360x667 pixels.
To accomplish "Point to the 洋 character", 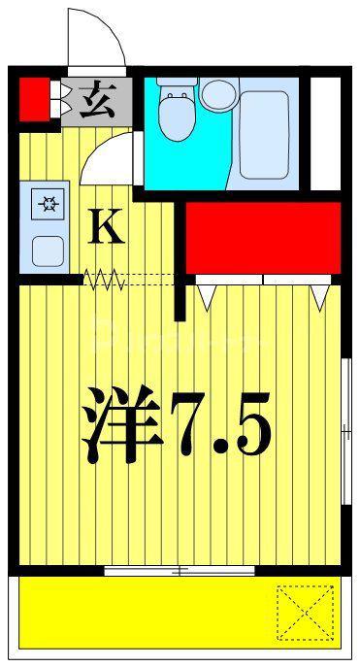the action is pyautogui.click(x=122, y=424).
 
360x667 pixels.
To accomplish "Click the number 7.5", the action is pyautogui.click(x=220, y=425).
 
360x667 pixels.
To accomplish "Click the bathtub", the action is pyautogui.click(x=264, y=135).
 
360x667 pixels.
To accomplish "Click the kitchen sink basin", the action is pyautogui.click(x=48, y=250).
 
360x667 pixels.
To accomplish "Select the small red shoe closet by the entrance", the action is pyautogui.click(x=35, y=99).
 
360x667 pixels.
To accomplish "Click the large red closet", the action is pyautogui.click(x=264, y=238).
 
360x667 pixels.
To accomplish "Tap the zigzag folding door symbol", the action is pyautogui.click(x=105, y=280).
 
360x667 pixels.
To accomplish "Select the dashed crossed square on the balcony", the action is pyautogui.click(x=305, y=613).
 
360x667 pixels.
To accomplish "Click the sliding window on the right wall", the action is pyautogui.click(x=346, y=431).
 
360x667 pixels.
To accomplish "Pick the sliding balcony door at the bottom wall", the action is pyautogui.click(x=180, y=571).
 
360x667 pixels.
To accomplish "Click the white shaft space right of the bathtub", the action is pyautogui.click(x=326, y=134).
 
